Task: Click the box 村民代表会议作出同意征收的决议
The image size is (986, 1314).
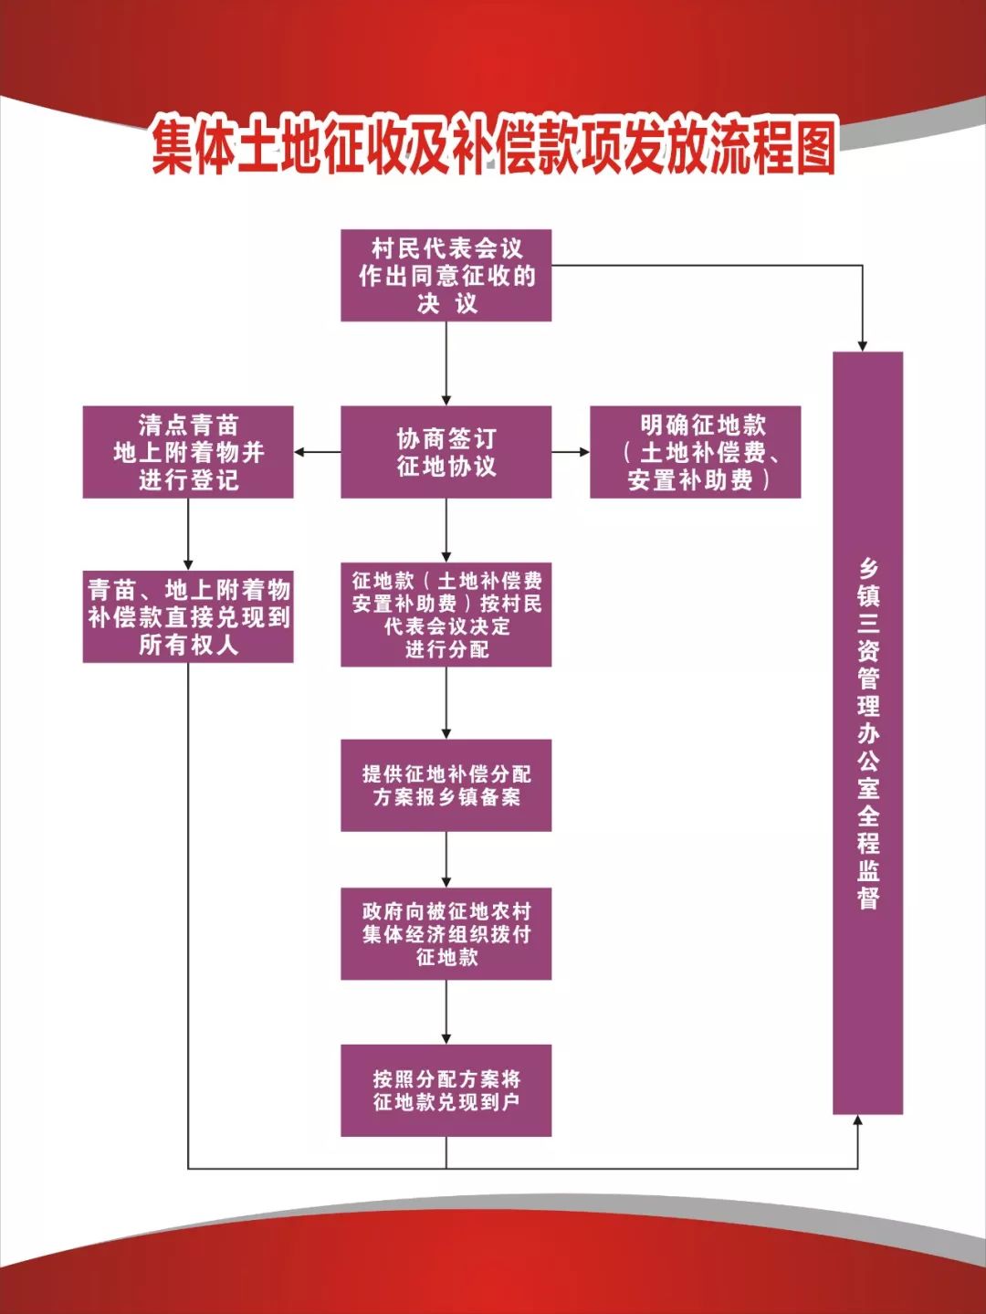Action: [446, 276]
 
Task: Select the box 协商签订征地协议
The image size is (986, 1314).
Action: [446, 452]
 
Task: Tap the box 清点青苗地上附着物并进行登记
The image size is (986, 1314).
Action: [188, 452]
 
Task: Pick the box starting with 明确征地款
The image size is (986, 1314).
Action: [696, 452]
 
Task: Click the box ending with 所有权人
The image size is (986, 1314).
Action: [188, 616]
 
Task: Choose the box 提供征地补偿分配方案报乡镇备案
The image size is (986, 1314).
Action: [446, 785]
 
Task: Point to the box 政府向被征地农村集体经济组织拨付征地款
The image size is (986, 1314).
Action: [446, 934]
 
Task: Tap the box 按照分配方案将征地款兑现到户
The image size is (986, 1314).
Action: [446, 1090]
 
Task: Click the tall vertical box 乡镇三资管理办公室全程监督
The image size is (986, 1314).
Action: [867, 733]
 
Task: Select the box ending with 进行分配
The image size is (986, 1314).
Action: [446, 615]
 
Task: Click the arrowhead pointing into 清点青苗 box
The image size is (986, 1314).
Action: [299, 452]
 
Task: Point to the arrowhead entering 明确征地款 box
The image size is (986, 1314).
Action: [584, 452]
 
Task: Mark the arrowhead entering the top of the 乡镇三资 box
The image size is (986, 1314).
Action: [862, 346]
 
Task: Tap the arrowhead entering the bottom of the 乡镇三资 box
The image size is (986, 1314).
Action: [858, 1120]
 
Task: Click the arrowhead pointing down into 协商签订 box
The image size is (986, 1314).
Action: [446, 400]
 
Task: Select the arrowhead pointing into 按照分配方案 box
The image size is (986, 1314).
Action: [446, 1038]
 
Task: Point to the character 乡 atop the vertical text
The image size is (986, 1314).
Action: [868, 569]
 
